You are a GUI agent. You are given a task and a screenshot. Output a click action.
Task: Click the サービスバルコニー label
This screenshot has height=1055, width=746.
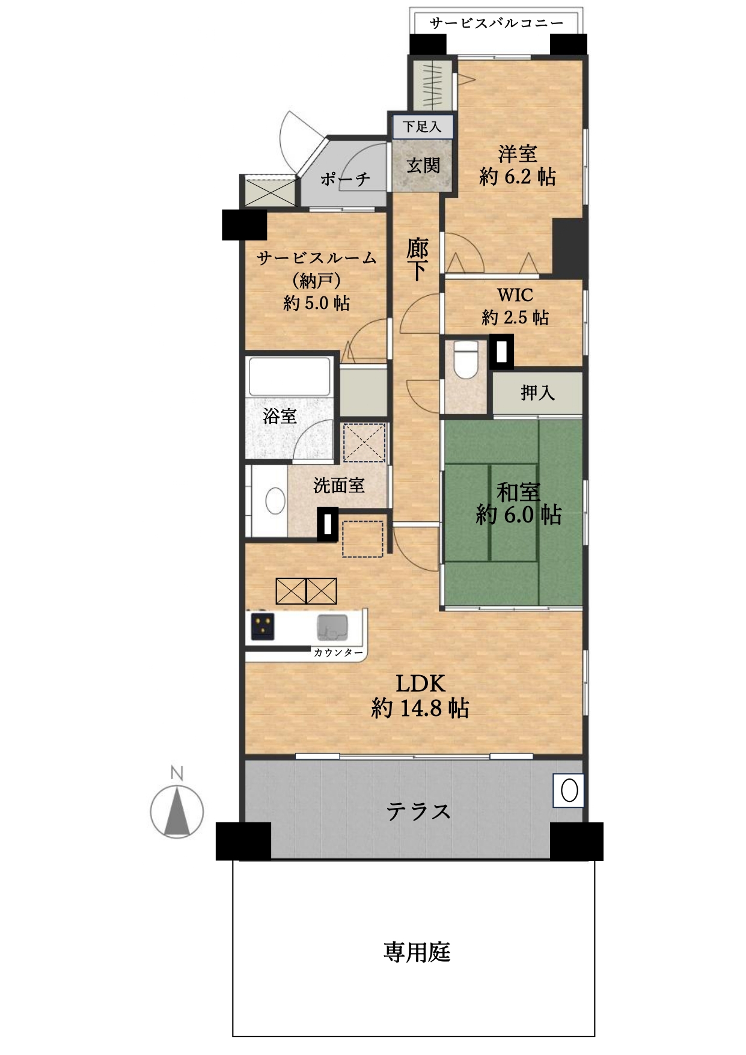click(497, 23)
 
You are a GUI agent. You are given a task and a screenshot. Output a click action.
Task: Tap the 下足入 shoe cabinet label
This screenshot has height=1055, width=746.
click(422, 127)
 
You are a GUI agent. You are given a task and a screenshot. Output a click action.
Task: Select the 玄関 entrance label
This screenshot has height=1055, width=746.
click(423, 165)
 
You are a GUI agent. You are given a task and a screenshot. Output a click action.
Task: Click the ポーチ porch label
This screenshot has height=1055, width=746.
click(345, 179)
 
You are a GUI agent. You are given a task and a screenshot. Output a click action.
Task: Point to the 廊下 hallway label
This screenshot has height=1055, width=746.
click(417, 259)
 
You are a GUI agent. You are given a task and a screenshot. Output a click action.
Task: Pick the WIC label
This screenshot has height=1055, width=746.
click(515, 295)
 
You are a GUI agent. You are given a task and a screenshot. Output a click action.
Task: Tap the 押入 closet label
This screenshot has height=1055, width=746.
click(537, 393)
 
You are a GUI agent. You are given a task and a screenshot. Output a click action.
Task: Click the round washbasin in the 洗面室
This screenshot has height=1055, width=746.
click(275, 500)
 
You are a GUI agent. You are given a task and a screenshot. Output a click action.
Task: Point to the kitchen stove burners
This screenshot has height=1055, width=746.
click(263, 626)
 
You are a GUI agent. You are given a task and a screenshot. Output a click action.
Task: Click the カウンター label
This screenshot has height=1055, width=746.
click(338, 652)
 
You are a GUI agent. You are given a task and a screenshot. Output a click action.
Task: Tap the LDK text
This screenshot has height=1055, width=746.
click(420, 683)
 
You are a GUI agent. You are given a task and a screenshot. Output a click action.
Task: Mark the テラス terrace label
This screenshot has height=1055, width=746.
click(418, 812)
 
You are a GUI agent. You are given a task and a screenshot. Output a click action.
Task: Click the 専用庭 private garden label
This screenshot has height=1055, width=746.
click(417, 952)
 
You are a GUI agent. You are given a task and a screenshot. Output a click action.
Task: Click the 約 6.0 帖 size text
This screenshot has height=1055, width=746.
click(518, 515)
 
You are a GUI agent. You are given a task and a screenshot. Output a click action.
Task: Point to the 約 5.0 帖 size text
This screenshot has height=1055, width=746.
click(317, 302)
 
